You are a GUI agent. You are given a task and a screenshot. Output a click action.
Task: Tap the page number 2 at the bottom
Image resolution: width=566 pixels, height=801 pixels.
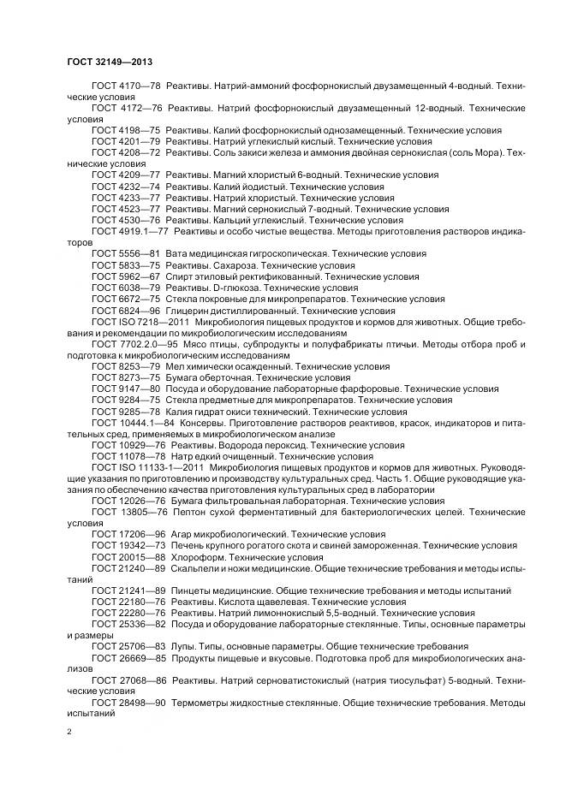click(69, 731)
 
